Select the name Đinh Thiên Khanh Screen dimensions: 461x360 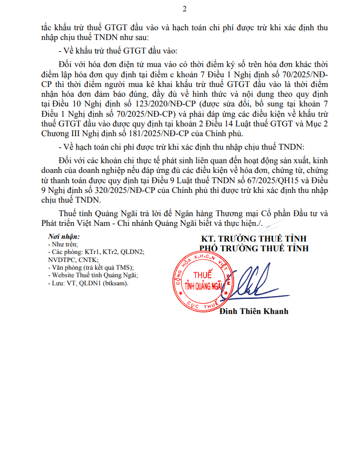(x=254, y=311)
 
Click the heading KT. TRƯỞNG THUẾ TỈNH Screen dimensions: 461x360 (x=251, y=239)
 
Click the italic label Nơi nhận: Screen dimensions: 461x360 (x=64, y=237)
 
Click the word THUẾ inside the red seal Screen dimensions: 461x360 (x=204, y=275)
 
